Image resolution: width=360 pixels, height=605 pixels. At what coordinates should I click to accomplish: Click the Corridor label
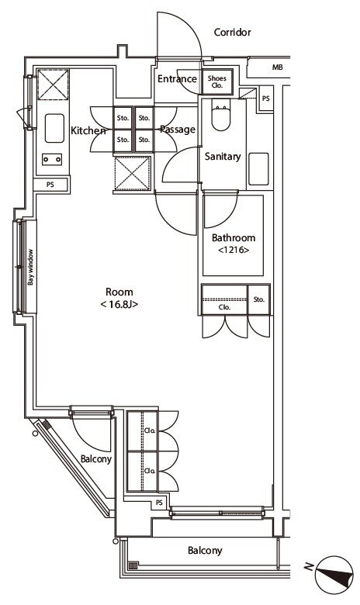coord(232,32)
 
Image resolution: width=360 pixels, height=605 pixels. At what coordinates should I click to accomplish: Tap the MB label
coord(278,67)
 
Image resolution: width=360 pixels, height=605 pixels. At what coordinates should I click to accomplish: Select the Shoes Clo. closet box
coord(217,81)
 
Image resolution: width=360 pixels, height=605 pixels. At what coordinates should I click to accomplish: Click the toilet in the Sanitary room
coord(220,114)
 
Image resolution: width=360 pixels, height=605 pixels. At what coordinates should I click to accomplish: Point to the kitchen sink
coord(54,128)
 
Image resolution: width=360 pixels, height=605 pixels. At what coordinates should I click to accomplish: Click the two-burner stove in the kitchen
coord(52,159)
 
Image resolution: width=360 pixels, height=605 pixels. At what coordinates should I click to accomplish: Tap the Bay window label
coord(30,267)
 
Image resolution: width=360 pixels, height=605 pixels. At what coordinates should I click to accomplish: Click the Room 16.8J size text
coord(119,304)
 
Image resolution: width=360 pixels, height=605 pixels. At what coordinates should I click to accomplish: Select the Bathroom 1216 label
coord(234,243)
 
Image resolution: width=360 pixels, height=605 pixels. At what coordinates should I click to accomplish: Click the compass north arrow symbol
coord(334,574)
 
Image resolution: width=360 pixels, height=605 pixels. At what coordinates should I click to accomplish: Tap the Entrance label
coord(177,78)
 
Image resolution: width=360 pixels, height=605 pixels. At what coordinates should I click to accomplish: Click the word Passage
coord(178,130)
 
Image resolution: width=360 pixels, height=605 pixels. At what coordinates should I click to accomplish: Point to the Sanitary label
coord(223,156)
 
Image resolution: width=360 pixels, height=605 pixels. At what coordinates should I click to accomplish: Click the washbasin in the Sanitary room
coord(258,169)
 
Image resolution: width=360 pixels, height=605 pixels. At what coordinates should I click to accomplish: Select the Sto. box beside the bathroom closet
coord(259,299)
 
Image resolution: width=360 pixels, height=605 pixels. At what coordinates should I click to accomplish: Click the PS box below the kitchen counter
coord(51,185)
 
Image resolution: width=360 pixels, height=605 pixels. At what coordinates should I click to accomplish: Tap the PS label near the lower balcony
coord(159,503)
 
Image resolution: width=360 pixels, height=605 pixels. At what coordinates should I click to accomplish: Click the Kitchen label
coord(88,130)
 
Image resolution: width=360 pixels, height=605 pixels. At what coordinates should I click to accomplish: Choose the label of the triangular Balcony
coord(96,459)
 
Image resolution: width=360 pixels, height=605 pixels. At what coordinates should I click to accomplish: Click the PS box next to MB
coord(266,99)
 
